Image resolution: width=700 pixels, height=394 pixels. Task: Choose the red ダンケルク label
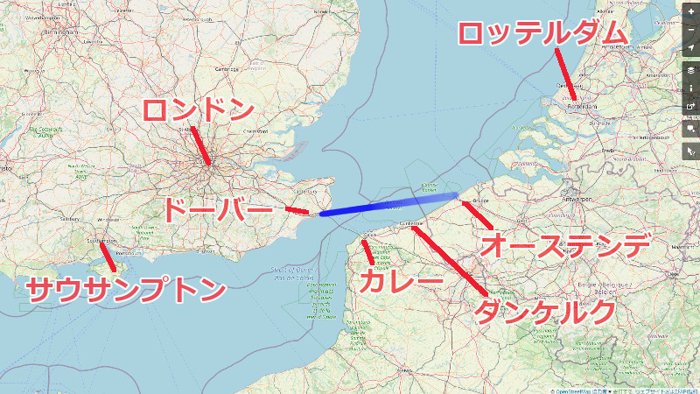(x=543, y=312)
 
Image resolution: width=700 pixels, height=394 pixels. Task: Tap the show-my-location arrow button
(x=691, y=46)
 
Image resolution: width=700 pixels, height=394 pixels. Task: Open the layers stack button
(x=691, y=70)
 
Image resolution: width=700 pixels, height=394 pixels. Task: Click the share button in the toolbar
(x=691, y=108)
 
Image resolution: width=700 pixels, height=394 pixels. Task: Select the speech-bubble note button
(x=691, y=128)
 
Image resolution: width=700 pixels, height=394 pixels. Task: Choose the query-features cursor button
(x=691, y=151)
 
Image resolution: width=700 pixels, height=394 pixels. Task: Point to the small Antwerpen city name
(x=575, y=199)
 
